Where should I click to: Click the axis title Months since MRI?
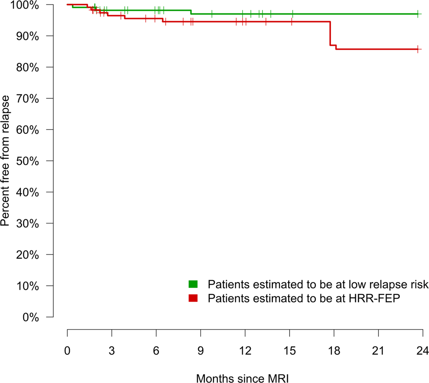[x=242, y=378]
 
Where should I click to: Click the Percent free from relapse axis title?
[x=7, y=161]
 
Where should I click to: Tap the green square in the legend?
[x=193, y=284]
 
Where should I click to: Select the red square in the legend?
[x=193, y=298]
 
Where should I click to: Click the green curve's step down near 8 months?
[x=191, y=12]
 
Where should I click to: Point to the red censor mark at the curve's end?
[x=418, y=49]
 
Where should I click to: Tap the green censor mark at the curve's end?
[x=418, y=14]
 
